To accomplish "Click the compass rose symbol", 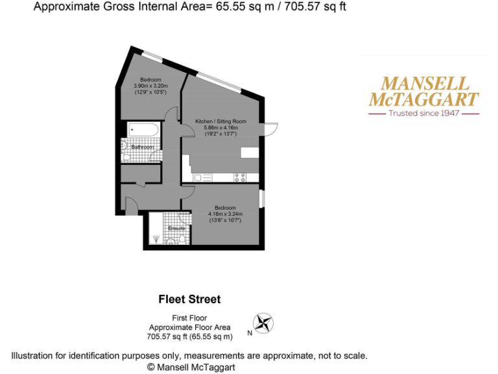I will (263, 322).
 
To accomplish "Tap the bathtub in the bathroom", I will (143, 130).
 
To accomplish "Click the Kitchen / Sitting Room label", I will (220, 121).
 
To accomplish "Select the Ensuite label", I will (176, 229).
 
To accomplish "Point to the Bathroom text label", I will (143, 147).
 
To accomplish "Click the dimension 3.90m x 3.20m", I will (150, 86).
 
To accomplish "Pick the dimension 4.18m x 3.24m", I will (224, 214).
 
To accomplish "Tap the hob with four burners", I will (239, 177).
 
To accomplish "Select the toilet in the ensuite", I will (171, 241).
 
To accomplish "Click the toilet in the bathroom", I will (125, 148).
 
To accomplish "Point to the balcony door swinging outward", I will (272, 129).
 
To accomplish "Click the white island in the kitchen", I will (250, 152).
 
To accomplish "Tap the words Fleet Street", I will (189, 299).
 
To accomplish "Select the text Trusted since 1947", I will (423, 113).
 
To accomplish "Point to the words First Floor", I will (189, 318).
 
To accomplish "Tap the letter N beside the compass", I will (249, 334).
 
